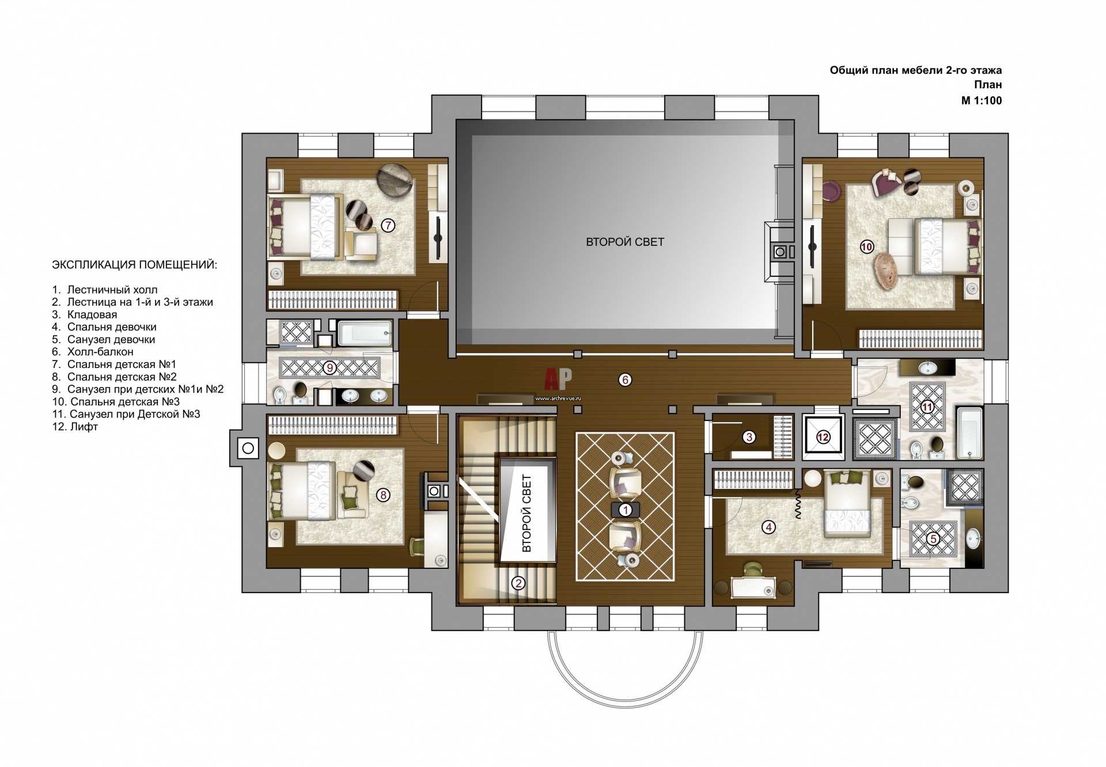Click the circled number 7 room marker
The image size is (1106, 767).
[x=388, y=225]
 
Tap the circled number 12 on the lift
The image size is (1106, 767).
[x=823, y=437]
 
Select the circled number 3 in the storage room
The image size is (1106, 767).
[x=749, y=437]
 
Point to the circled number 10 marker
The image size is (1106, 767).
[x=866, y=247]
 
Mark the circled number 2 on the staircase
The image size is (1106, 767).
[x=518, y=583]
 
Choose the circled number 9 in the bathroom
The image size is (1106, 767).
[x=329, y=367]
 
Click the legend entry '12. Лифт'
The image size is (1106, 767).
[x=75, y=427]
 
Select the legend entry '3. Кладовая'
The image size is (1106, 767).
[x=85, y=314]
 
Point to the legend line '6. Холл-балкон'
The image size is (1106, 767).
[x=93, y=351]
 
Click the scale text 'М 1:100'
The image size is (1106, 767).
[x=981, y=101]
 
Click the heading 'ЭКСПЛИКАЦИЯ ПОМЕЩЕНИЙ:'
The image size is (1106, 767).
[x=135, y=265]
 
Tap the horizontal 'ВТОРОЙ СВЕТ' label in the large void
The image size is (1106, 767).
[x=625, y=242]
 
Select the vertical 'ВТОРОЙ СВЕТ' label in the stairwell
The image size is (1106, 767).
[x=527, y=514]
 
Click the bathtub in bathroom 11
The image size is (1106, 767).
[x=971, y=432]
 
